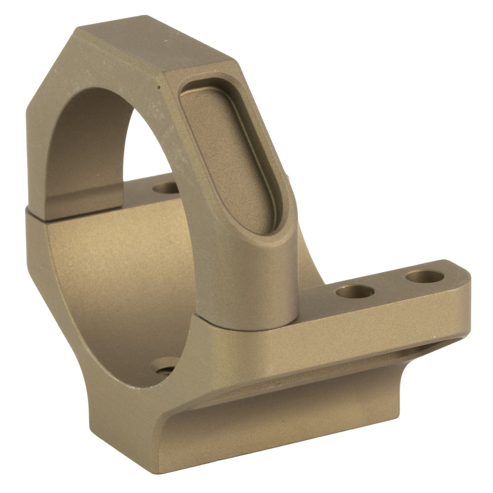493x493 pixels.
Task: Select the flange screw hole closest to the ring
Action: coord(354,291)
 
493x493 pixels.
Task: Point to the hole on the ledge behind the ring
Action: coord(166,188)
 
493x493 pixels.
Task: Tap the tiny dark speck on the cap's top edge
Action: coord(159,87)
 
